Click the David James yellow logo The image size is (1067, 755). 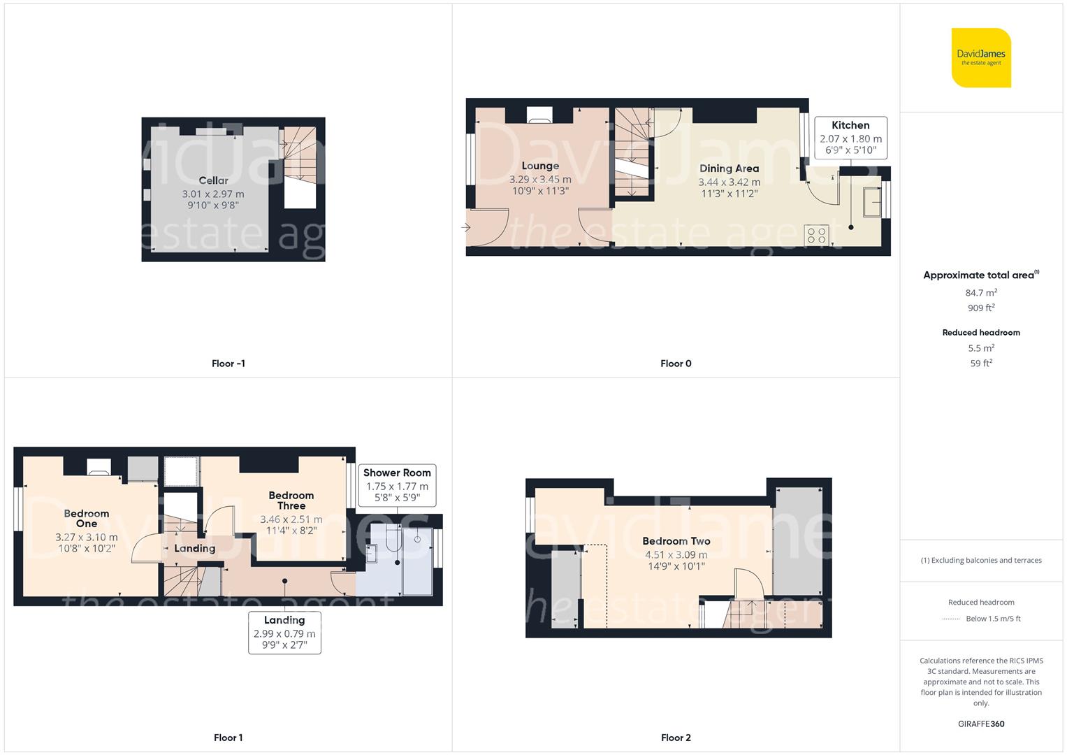(x=981, y=57)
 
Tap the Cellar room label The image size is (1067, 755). (x=213, y=180)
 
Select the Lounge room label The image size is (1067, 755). (x=540, y=166)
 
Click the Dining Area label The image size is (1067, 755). (x=729, y=168)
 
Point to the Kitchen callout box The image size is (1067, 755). (x=850, y=138)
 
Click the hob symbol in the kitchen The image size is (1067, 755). (x=816, y=234)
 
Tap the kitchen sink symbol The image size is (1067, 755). (x=871, y=203)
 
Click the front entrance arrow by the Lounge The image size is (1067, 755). (x=466, y=227)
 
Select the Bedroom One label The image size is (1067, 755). (x=87, y=518)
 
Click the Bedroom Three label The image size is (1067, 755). (x=291, y=501)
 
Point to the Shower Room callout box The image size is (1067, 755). (x=397, y=484)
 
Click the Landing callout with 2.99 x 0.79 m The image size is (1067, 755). (x=284, y=633)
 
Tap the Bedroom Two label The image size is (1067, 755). (x=676, y=541)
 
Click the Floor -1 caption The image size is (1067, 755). (x=228, y=364)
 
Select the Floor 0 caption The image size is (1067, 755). (x=676, y=364)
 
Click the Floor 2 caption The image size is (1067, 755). (x=676, y=738)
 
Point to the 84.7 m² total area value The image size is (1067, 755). (x=981, y=293)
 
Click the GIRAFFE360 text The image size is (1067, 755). (x=981, y=724)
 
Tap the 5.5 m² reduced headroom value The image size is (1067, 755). (x=981, y=348)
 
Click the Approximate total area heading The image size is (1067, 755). (x=980, y=275)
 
